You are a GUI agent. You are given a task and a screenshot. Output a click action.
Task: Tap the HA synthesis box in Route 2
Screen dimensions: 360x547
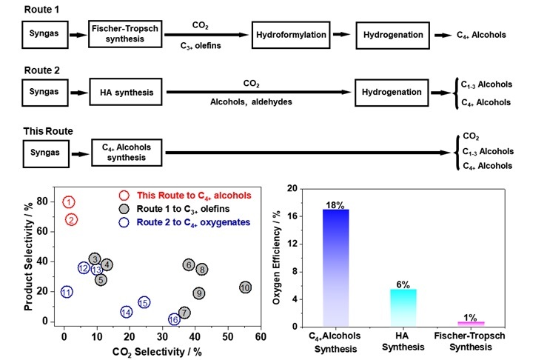(x=126, y=93)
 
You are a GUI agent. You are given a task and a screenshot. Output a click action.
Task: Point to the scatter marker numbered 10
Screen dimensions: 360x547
(x=246, y=287)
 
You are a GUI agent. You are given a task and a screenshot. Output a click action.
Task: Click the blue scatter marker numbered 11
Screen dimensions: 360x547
(x=67, y=292)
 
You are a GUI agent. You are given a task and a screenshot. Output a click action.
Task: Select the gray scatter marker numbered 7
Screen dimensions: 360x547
(x=184, y=313)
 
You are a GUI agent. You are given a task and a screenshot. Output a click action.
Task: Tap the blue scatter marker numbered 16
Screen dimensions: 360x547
(x=174, y=320)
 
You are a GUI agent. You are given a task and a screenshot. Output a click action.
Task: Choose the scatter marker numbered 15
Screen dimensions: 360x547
(x=144, y=302)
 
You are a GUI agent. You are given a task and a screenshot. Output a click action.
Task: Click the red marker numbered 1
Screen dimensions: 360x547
(x=69, y=201)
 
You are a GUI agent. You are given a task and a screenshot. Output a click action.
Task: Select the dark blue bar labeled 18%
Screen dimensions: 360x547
(x=335, y=267)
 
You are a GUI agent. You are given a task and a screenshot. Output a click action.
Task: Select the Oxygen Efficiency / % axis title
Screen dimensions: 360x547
(x=276, y=257)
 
